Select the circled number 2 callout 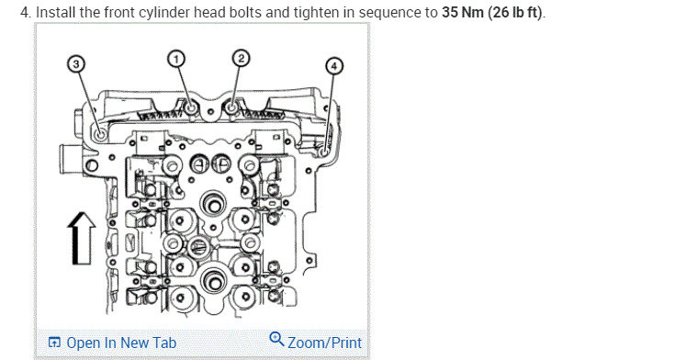tap(240, 59)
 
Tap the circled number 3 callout tap(76, 63)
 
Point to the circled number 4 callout tap(334, 66)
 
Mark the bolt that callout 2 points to tap(231, 109)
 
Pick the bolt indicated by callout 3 tap(98, 135)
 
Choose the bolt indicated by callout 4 tap(324, 143)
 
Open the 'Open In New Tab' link tap(121, 343)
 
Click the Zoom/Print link tap(324, 343)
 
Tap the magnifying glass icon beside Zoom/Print tap(276, 341)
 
